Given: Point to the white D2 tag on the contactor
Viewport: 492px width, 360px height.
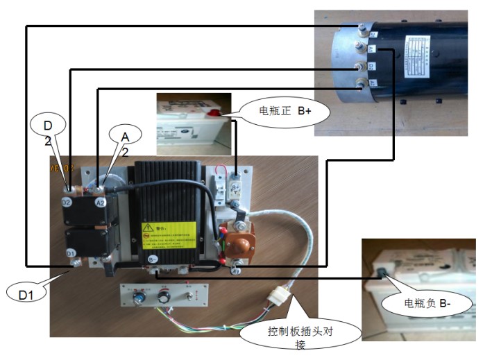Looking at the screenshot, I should pyautogui.click(x=67, y=203).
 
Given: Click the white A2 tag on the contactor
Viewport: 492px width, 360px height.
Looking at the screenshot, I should pyautogui.click(x=100, y=203).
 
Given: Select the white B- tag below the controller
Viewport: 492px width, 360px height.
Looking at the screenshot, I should pyautogui.click(x=152, y=259).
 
